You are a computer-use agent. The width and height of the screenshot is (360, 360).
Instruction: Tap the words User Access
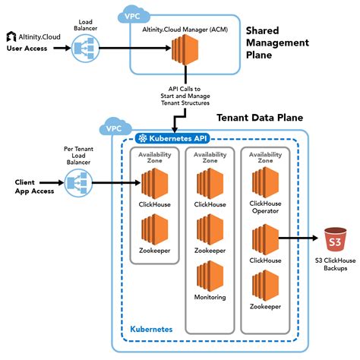click(27, 49)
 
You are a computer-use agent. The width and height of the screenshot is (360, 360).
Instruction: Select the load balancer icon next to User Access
click(81, 50)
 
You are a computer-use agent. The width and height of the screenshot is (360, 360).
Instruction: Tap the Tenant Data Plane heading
click(260, 118)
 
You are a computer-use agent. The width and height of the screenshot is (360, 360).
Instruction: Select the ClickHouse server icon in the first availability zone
click(154, 183)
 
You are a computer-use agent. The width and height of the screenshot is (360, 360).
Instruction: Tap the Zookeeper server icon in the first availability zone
click(154, 230)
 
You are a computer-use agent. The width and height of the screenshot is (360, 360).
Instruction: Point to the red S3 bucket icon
click(335, 240)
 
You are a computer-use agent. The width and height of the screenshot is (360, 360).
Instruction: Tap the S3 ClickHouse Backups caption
click(335, 265)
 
